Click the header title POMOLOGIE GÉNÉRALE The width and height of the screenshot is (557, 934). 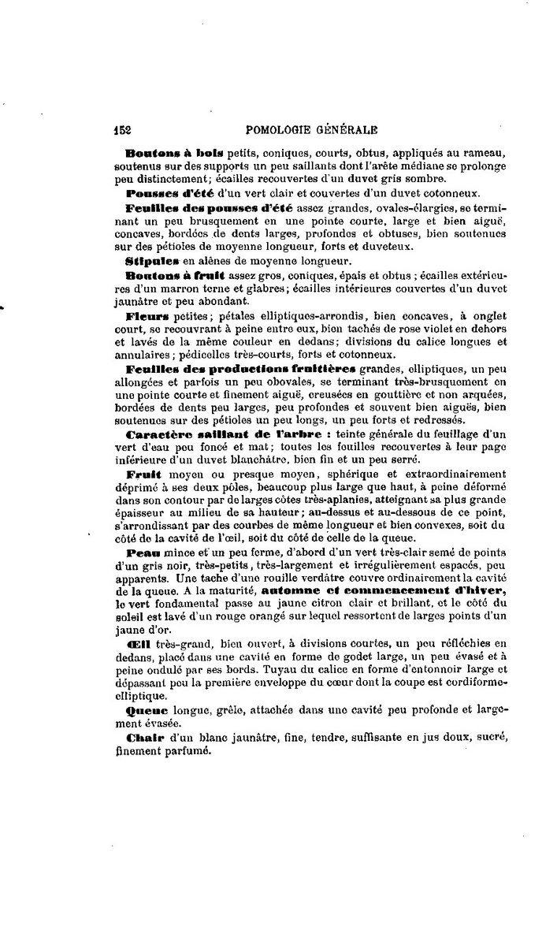coord(312,130)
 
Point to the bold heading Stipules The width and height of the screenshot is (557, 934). coord(150,259)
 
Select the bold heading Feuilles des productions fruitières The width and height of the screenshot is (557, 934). coord(241,368)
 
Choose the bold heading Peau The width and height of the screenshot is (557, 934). coord(142,553)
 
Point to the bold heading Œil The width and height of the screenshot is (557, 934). coord(138,644)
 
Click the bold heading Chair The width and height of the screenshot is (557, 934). coord(144,738)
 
